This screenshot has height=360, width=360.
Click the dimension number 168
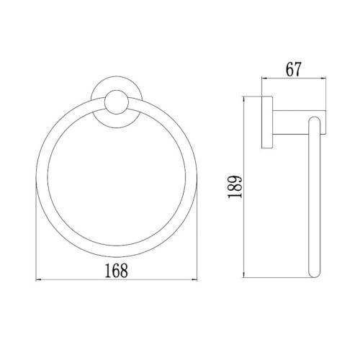tap(117, 270)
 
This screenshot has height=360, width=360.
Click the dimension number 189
tap(235, 186)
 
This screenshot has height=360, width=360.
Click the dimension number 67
tap(293, 69)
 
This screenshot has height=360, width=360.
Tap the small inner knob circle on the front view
tap(117, 102)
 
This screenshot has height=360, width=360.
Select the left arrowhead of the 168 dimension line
tap(38, 280)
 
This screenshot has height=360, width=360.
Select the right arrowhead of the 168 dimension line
tap(194, 280)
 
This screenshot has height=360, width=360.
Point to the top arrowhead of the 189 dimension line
tap(244, 99)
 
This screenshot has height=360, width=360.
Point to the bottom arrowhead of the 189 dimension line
tap(244, 275)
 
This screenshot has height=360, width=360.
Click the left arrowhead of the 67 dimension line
tap(264, 78)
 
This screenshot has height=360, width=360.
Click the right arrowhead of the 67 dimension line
tap(323, 78)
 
